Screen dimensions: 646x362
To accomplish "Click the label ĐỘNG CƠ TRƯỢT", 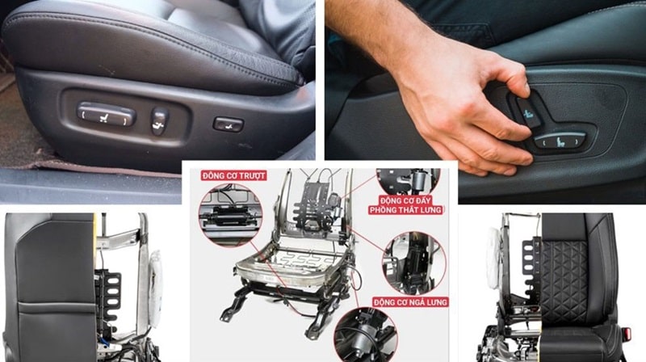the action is point(234,175).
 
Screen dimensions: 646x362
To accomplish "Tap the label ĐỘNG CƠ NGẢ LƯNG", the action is point(410,302).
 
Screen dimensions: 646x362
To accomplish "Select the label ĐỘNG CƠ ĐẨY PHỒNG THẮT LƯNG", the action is point(405,205).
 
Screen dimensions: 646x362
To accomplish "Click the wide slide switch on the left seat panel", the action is point(107,114).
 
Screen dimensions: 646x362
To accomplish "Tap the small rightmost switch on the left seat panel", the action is point(229,124).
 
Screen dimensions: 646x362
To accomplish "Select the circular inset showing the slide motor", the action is point(230,215).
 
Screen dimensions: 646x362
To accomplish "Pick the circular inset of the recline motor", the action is point(414,263).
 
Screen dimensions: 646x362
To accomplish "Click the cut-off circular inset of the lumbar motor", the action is point(409,182).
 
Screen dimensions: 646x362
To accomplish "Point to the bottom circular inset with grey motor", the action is point(366,335).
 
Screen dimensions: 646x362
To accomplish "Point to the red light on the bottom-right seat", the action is point(627,332).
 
